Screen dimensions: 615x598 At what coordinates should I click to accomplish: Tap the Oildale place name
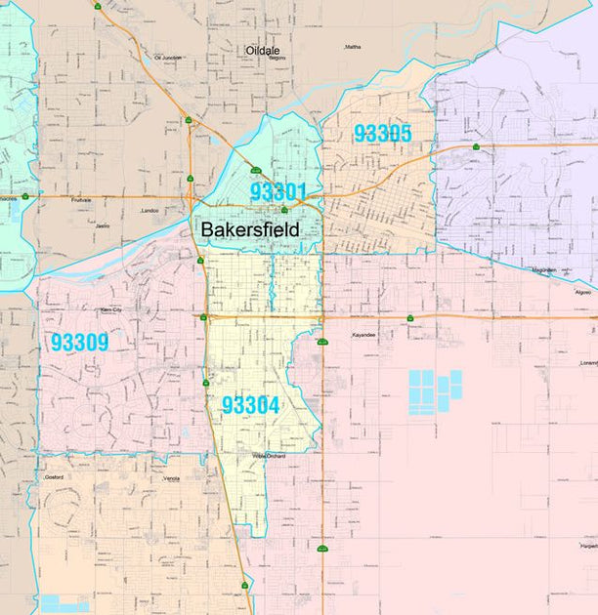[263, 50]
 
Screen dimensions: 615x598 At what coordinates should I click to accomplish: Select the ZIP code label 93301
[278, 191]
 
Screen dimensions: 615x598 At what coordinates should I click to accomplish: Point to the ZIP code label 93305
[382, 134]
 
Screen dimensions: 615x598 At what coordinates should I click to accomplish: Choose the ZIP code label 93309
[79, 343]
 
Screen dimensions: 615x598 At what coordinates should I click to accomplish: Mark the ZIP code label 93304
[250, 405]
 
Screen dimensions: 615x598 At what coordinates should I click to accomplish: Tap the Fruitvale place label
[81, 200]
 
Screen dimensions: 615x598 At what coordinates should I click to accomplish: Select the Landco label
[149, 210]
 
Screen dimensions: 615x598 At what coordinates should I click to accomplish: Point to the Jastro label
[102, 225]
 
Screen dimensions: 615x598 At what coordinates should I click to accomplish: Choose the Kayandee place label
[363, 335]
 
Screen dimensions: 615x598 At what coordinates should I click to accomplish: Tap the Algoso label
[583, 291]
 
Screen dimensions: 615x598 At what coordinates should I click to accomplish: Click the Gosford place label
[54, 477]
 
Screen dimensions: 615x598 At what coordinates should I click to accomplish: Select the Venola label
[172, 478]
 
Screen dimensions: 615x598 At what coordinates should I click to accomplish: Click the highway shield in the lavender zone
[476, 146]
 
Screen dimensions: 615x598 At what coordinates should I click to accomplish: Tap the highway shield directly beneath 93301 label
[284, 210]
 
